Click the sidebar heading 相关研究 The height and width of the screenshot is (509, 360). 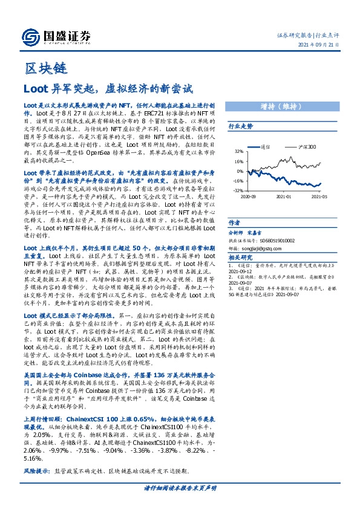(x=240, y=257)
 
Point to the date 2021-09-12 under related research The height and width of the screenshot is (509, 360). (x=241, y=272)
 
